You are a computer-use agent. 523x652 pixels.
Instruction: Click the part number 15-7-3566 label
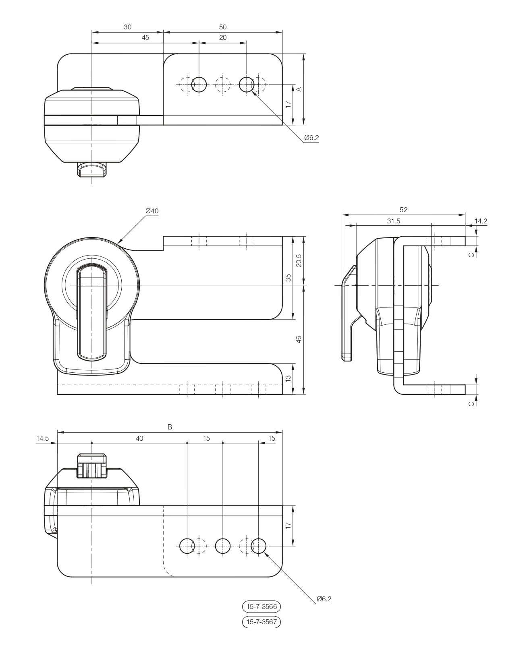point(261,606)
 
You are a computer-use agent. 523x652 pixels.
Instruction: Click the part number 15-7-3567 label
point(261,622)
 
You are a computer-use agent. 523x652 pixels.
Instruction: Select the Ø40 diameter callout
point(152,211)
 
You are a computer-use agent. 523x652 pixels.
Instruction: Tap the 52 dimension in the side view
point(403,209)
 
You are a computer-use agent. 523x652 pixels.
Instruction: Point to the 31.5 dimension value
point(393,221)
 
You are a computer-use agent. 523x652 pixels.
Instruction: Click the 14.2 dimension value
point(481,221)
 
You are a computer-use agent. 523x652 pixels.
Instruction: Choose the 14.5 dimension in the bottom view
point(42,438)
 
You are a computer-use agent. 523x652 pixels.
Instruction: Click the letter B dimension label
point(170,427)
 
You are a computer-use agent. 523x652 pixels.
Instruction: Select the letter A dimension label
point(299,89)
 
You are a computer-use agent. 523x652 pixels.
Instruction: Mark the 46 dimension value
point(299,339)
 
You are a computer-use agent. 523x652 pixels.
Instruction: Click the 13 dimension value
point(288,379)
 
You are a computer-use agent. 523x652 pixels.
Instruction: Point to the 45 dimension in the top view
point(145,37)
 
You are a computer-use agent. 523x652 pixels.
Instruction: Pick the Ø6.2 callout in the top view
point(311,138)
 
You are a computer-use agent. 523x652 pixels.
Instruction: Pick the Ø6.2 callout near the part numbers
point(324,599)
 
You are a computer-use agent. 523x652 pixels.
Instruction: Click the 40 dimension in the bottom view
point(139,438)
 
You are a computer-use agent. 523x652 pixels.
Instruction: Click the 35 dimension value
point(288,278)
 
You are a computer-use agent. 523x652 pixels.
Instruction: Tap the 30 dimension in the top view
point(127,27)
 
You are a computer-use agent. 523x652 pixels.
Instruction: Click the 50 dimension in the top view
point(223,27)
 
